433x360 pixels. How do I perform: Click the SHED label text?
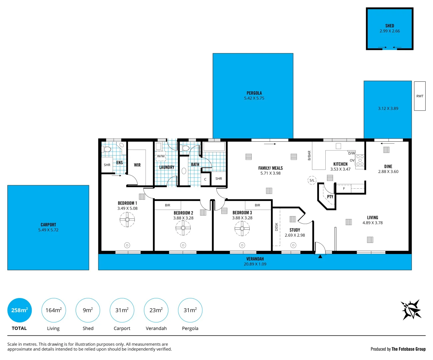[389, 26]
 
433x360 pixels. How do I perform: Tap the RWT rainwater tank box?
[420, 96]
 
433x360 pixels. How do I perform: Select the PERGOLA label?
[254, 93]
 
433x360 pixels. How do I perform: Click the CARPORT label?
[48, 225]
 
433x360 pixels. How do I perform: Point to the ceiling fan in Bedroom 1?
[127, 220]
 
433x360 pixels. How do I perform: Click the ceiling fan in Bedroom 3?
[242, 228]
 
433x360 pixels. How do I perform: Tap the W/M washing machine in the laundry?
[161, 156]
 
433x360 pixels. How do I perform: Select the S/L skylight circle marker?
[312, 180]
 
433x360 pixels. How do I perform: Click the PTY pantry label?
[330, 197]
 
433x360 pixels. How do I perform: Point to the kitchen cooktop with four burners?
[360, 160]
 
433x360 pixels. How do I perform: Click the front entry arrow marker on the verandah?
[320, 256]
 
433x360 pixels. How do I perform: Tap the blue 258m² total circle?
[19, 310]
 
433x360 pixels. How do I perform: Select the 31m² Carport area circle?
[122, 310]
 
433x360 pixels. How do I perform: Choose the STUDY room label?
[295, 230]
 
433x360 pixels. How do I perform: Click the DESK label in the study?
[276, 227]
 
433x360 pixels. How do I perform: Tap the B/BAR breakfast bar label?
[309, 156]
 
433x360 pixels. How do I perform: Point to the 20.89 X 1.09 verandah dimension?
[255, 264]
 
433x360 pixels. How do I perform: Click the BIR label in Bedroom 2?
[168, 205]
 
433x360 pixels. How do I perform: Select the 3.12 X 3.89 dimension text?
[388, 108]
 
